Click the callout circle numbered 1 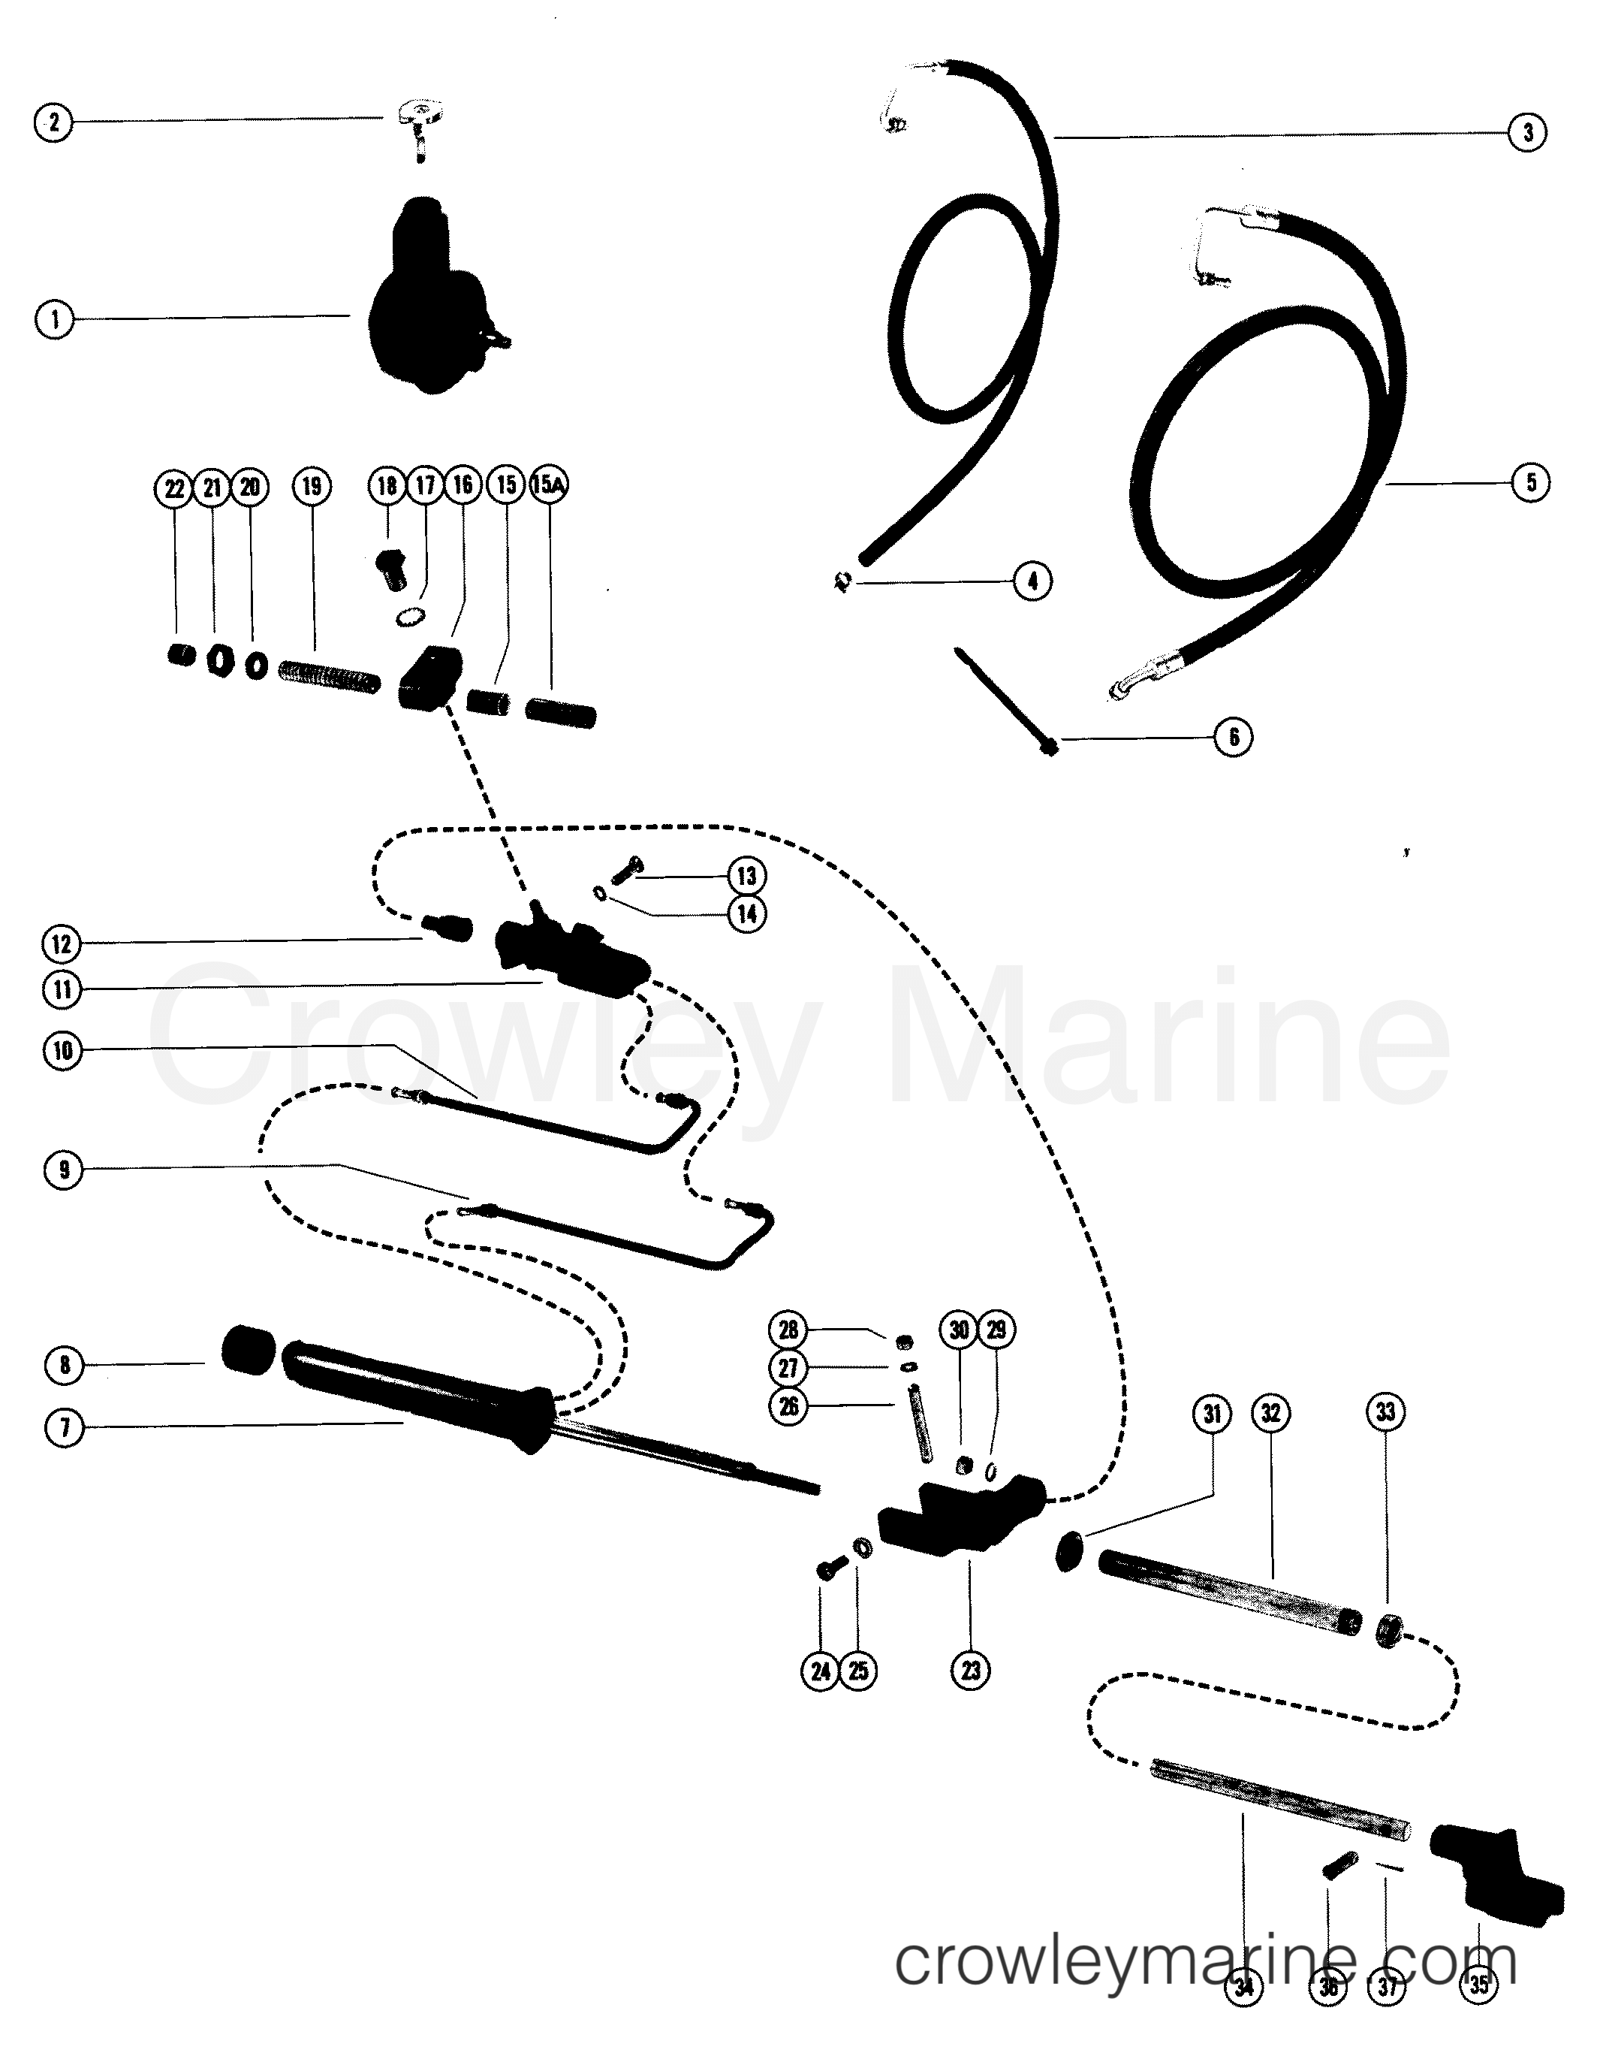pos(54,319)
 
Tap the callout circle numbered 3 pos(1527,132)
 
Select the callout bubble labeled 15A pos(550,485)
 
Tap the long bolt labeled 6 pos(1006,699)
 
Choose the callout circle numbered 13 pos(746,875)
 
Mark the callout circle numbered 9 pos(63,1171)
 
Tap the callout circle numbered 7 pos(64,1427)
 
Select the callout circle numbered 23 pos(970,1670)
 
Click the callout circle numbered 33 pos(1385,1412)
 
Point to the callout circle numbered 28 pos(788,1330)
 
